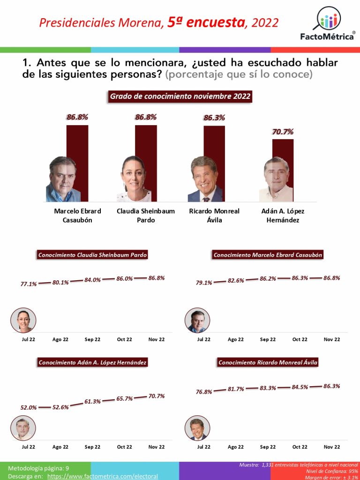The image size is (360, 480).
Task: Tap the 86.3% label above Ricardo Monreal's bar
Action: [214, 118]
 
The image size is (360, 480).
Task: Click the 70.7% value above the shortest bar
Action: [283, 132]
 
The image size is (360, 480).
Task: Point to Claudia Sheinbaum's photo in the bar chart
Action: [134, 179]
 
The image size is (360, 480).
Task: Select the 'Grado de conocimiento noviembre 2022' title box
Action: [180, 97]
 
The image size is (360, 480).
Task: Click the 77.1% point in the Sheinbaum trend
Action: [29, 284]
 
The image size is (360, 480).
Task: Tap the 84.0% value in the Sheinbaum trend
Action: [92, 280]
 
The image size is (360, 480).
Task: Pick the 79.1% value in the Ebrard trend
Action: [204, 283]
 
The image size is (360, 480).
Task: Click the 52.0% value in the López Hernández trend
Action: [29, 408]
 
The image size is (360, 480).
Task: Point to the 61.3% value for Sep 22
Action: [92, 402]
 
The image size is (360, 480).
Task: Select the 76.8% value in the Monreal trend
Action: [204, 392]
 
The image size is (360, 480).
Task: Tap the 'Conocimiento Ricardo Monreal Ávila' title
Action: [268, 362]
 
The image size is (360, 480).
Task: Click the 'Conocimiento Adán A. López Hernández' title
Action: [92, 362]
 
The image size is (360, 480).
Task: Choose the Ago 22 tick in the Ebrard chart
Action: [236, 339]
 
